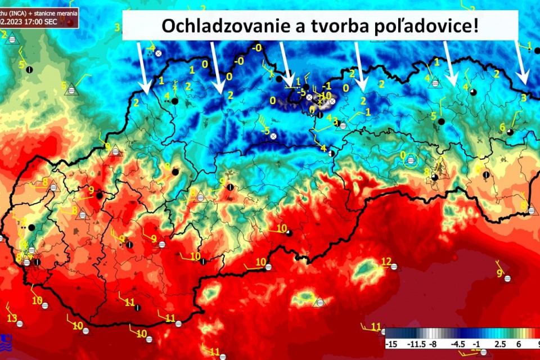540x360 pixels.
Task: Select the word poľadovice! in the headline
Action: [x=426, y=26]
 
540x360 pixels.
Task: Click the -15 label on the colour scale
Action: [x=392, y=343]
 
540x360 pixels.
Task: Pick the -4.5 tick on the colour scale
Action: [x=458, y=343]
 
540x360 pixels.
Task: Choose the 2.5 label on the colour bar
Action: [x=500, y=343]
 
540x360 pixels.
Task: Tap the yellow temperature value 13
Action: [x=12, y=318]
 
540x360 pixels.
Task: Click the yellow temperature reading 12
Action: [x=386, y=261]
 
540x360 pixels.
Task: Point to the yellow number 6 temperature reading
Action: [x=502, y=127]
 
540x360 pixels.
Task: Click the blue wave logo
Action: [x=5, y=340]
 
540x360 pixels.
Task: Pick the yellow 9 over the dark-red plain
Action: [x=499, y=273]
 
